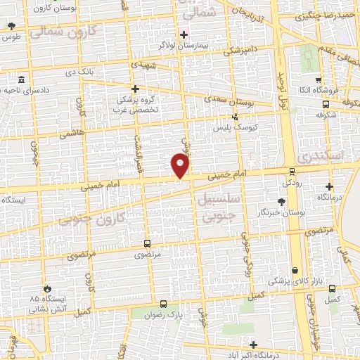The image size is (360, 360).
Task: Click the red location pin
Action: [181, 165]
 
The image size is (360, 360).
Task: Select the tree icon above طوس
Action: [11, 27]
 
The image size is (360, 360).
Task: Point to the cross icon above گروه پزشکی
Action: [136, 89]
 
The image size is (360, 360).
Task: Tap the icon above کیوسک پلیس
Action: [235, 117]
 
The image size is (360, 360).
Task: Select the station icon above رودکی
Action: [292, 171]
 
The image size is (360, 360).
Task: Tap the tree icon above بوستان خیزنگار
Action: [282, 202]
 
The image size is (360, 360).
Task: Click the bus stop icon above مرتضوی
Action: [146, 243]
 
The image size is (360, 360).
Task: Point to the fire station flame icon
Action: [47, 288]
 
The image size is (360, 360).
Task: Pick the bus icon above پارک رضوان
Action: [164, 304]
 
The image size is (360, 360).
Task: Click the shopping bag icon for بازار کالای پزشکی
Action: [294, 270]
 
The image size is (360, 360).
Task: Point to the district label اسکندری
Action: [326, 153]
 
